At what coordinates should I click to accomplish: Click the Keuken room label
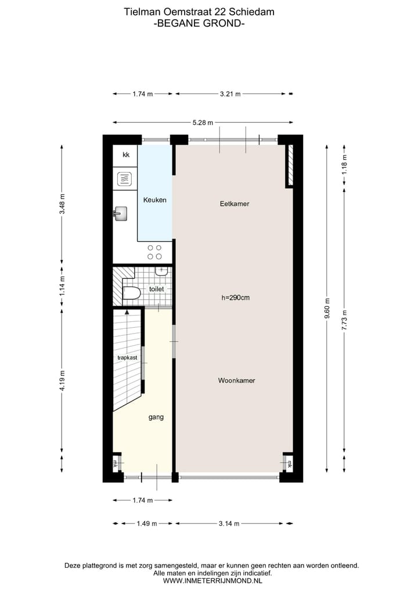[x=155, y=200]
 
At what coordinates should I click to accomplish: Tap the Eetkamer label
[x=235, y=204]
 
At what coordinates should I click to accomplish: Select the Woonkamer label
[x=236, y=381]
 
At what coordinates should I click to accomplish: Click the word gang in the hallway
[x=156, y=417]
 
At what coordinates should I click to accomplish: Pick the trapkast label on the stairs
[x=127, y=357]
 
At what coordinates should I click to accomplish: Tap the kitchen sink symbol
[x=120, y=214]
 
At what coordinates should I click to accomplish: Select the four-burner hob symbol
[x=154, y=252]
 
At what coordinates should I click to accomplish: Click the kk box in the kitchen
[x=125, y=155]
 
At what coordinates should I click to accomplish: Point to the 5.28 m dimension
[x=203, y=122]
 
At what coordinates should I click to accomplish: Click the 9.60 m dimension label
[x=327, y=305]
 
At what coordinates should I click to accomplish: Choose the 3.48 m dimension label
[x=62, y=207]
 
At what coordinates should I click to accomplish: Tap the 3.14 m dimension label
[x=229, y=524]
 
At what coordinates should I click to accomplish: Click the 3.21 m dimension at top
[x=230, y=94]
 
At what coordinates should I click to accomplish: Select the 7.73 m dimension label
[x=344, y=319]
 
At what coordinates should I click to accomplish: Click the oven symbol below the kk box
[x=125, y=179]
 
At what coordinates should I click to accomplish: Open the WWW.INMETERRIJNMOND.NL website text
[x=212, y=580]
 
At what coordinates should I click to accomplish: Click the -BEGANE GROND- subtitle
[x=199, y=23]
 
